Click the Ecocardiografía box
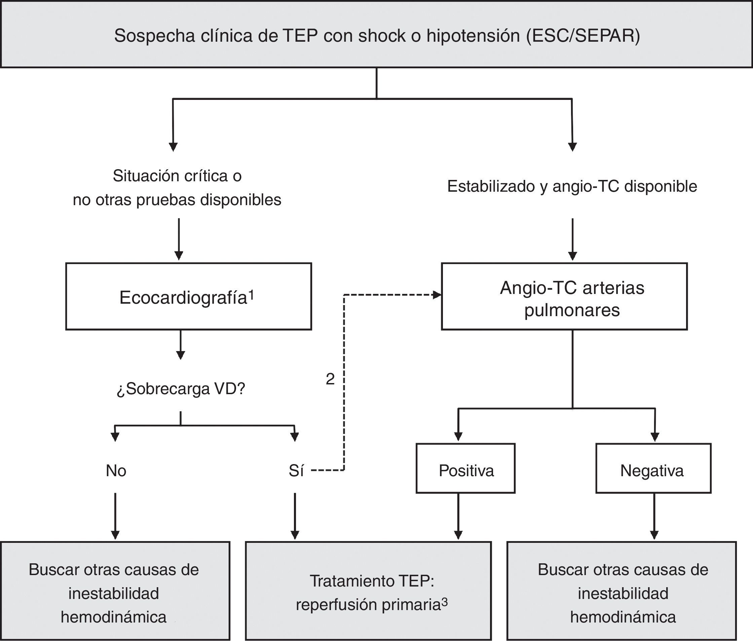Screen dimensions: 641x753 click(x=188, y=297)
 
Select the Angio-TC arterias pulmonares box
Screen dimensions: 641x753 click(x=564, y=297)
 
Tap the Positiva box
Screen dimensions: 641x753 click(x=465, y=468)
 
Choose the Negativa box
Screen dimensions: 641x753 click(x=653, y=468)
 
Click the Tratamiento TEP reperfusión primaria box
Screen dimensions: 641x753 click(x=368, y=591)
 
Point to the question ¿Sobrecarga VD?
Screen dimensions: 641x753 click(x=181, y=389)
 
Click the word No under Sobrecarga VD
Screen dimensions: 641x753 click(x=116, y=470)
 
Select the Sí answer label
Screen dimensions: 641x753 click(x=296, y=470)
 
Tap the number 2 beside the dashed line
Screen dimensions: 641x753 click(x=330, y=379)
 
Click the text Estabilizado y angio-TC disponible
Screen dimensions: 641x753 click(x=572, y=186)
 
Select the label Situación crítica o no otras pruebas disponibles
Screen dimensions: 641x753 click(x=177, y=188)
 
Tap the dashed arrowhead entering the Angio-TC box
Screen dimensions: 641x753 click(x=437, y=295)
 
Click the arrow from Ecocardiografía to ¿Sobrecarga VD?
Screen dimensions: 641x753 click(x=181, y=345)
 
